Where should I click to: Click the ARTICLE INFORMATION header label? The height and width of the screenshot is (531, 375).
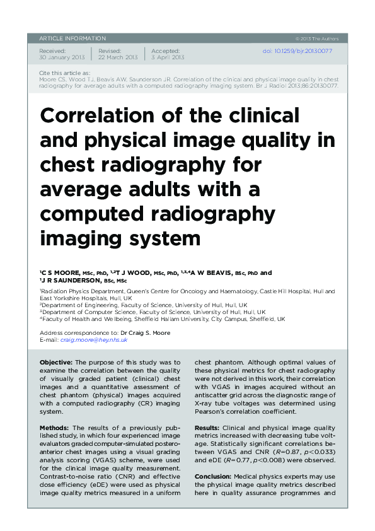click(x=72, y=38)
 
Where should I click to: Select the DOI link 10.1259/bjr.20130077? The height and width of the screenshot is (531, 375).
click(x=297, y=51)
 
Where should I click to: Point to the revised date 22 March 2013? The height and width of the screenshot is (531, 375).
click(x=118, y=57)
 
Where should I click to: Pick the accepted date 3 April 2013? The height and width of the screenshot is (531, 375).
click(x=168, y=57)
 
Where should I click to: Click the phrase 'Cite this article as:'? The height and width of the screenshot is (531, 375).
click(x=64, y=73)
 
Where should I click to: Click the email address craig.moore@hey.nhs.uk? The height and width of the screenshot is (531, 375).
click(x=94, y=339)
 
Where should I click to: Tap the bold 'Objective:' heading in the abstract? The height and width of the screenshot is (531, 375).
click(x=56, y=363)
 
